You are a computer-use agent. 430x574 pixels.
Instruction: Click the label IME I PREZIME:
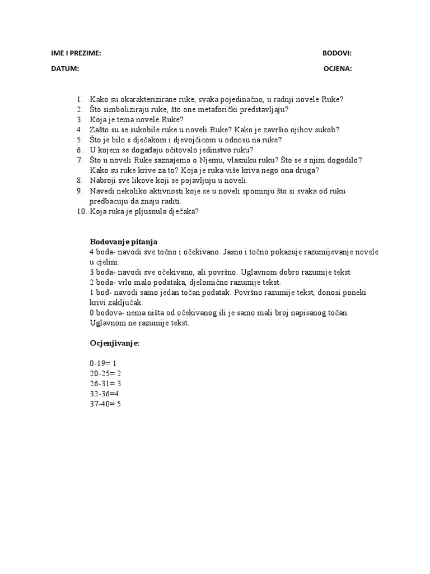(x=76, y=53)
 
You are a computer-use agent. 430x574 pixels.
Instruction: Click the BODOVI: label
(x=337, y=53)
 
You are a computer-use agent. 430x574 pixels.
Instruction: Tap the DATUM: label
(x=65, y=69)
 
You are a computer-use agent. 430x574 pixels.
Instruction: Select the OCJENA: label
(x=338, y=69)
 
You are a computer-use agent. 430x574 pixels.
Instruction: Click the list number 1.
(x=80, y=100)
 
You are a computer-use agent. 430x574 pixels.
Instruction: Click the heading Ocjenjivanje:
(x=114, y=343)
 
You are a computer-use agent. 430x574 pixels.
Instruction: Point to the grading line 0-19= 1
(x=103, y=363)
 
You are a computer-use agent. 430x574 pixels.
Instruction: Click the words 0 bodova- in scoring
(x=106, y=312)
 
